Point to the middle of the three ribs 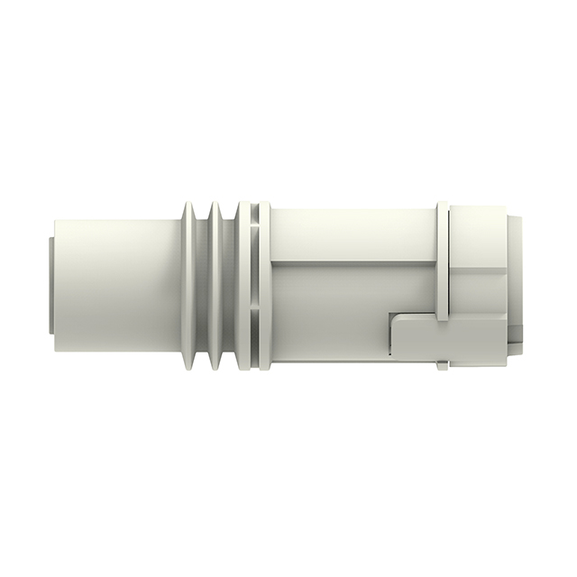coord(217,288)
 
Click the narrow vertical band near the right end coord(443,261)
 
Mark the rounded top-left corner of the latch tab coord(395,318)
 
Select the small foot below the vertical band coord(442,365)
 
